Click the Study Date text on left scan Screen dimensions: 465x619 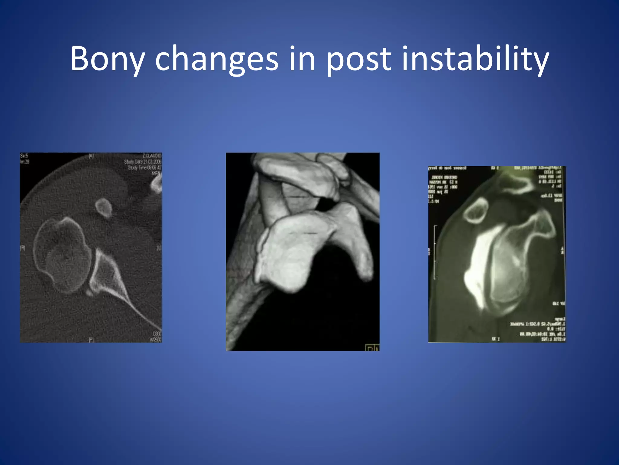pyautogui.click(x=143, y=162)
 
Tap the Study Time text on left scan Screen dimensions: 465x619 pyautogui.click(x=144, y=167)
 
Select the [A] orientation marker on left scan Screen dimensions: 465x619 pyautogui.click(x=91, y=156)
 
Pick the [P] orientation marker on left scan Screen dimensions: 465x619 pyautogui.click(x=91, y=340)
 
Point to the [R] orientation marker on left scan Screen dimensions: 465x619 pyautogui.click(x=23, y=248)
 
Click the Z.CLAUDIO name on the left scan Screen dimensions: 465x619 pyautogui.click(x=152, y=156)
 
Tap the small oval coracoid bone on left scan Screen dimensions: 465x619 pyautogui.click(x=104, y=208)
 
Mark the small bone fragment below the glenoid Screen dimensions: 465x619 pyautogui.click(x=89, y=292)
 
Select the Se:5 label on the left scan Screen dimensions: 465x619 pyautogui.click(x=24, y=156)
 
